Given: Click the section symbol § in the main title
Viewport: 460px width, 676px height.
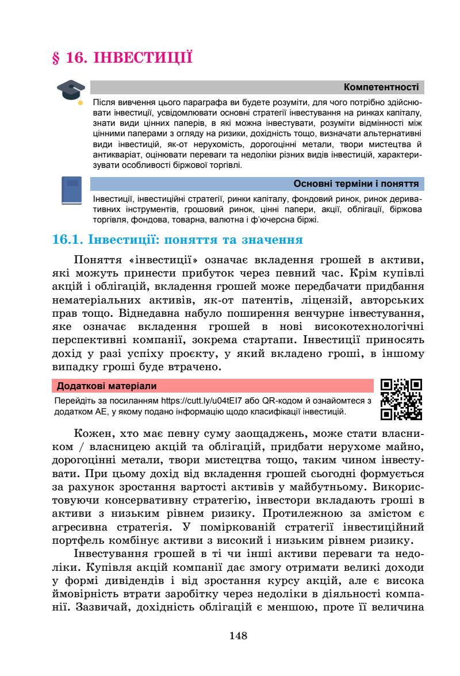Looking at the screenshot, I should [56, 57].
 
